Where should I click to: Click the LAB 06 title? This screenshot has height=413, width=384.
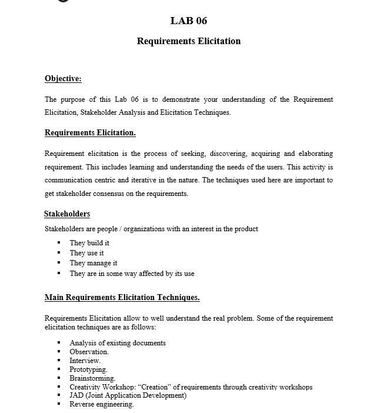tap(189, 21)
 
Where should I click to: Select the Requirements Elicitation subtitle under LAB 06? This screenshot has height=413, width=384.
tap(189, 41)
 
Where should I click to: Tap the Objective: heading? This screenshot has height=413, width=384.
tap(63, 79)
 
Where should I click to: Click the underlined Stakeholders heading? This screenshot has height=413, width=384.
tap(67, 214)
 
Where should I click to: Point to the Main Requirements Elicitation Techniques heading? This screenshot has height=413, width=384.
tap(122, 298)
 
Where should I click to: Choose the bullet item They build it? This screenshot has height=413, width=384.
tap(89, 243)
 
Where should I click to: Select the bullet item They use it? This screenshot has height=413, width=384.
tap(86, 253)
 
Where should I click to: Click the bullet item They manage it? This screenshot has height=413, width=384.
tap(94, 263)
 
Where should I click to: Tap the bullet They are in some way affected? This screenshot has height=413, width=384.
tap(132, 274)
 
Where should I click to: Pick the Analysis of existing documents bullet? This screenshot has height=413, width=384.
tap(118, 343)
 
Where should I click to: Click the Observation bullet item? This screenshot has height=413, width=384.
tap(89, 352)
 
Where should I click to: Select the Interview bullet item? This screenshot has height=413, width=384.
tap(85, 361)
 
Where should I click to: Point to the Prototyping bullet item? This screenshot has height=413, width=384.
tap(88, 369)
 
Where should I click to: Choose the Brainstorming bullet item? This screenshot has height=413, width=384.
tap(92, 378)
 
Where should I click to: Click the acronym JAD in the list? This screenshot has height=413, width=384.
tap(77, 395)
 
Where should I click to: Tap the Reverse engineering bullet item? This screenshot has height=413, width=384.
tap(102, 404)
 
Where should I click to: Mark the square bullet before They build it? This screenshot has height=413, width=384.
tap(59, 243)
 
